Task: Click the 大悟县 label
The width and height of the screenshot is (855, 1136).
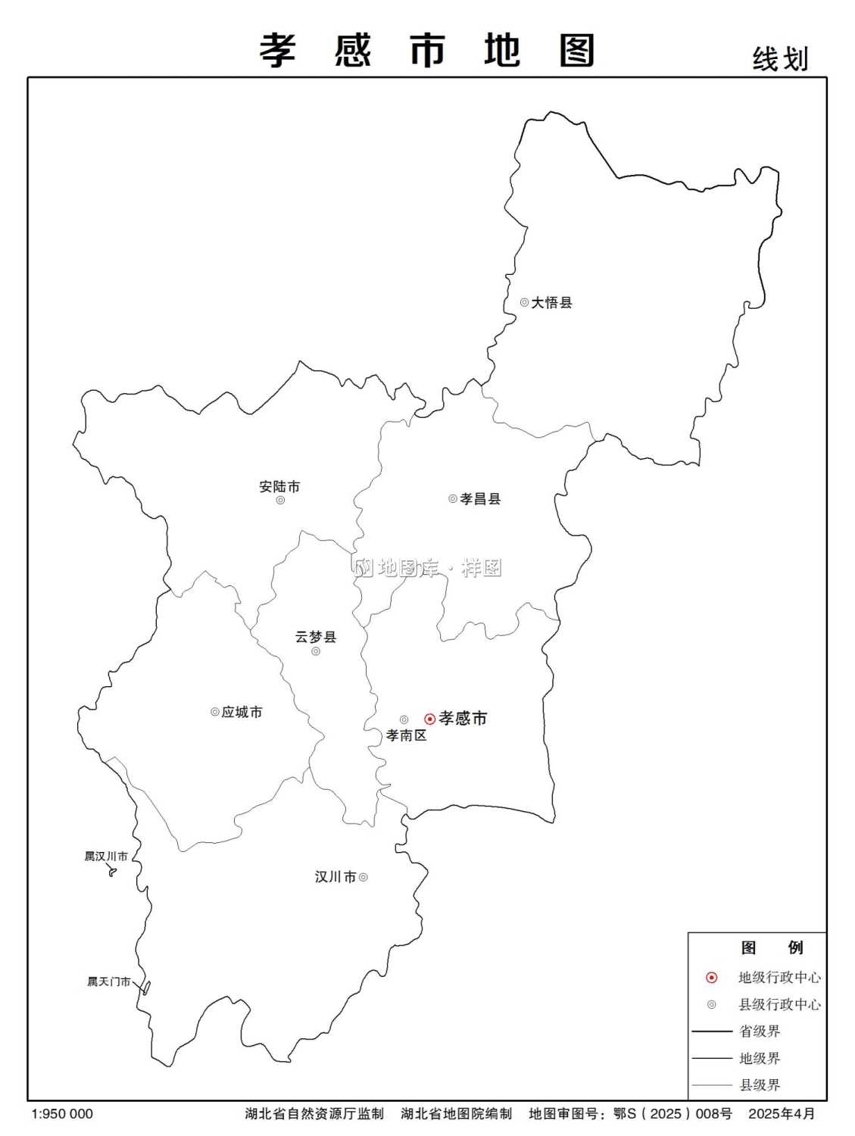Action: [551, 302]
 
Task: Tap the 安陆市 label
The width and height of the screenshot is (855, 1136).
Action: [279, 486]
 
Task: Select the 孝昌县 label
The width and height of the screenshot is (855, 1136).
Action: [480, 498]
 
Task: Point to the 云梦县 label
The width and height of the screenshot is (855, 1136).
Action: [316, 636]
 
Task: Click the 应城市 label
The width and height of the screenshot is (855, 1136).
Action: [242, 712]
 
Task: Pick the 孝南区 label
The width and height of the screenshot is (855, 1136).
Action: [406, 735]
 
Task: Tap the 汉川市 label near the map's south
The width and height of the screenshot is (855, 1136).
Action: [335, 877]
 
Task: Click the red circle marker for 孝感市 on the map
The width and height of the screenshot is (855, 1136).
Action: [430, 719]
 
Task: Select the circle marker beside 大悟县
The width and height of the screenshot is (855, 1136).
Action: [524, 302]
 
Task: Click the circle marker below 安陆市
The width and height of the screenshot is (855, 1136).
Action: [280, 500]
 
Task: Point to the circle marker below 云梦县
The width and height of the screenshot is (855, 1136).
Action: [316, 651]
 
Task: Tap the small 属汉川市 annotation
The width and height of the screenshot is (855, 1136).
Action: [106, 857]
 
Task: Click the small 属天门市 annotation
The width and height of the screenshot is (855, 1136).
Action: [108, 982]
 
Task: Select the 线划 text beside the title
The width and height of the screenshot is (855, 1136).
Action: [780, 59]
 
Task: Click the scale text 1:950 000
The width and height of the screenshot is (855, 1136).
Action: [62, 1114]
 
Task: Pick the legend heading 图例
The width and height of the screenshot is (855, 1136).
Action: [772, 947]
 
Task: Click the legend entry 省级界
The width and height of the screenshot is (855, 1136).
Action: [760, 1031]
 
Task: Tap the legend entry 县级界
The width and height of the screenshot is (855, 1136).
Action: [760, 1085]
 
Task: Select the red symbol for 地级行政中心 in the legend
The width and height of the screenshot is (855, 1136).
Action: [711, 978]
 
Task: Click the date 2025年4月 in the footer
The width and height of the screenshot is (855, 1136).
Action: [782, 1114]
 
